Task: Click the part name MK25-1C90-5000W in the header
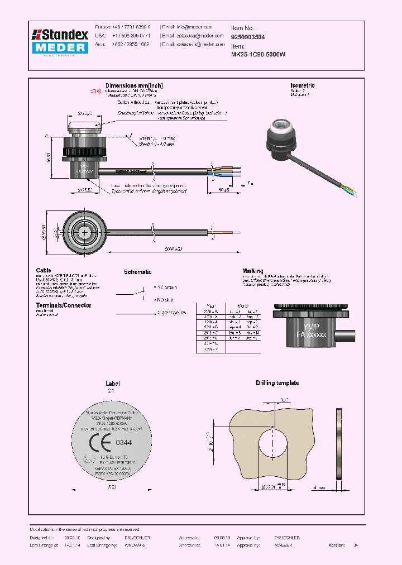(258, 55)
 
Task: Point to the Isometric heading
(302, 85)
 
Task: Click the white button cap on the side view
(84, 122)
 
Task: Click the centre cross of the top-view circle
(84, 232)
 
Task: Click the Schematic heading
(137, 272)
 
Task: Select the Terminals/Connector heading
(64, 305)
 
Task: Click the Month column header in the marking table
(243, 306)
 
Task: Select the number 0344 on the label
(123, 443)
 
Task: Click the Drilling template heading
(277, 383)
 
